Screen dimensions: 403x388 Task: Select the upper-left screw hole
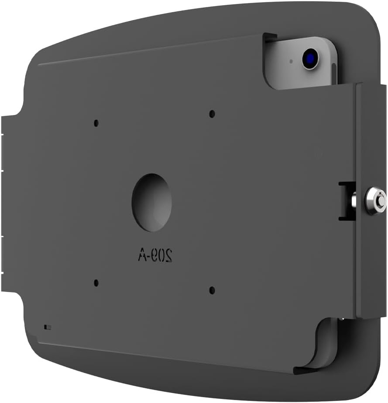pyautogui.click(x=96, y=123)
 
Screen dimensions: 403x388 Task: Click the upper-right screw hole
pyautogui.click(x=212, y=114)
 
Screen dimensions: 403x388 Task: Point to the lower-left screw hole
pyautogui.click(x=96, y=283)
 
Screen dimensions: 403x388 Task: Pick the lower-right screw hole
pyautogui.click(x=212, y=290)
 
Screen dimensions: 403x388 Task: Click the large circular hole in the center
pyautogui.click(x=151, y=202)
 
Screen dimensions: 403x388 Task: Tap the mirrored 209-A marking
pyautogui.click(x=155, y=255)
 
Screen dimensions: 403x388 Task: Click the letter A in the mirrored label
pyautogui.click(x=142, y=255)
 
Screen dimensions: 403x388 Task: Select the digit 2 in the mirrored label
pyautogui.click(x=168, y=256)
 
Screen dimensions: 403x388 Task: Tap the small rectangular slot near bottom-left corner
pyautogui.click(x=47, y=326)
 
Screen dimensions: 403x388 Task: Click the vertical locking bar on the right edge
pyautogui.click(x=370, y=200)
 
